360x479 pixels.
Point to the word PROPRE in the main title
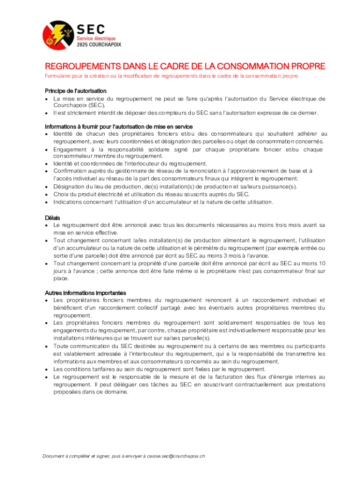click(x=308, y=66)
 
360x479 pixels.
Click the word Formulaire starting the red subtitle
click(x=58, y=76)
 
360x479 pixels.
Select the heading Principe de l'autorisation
click(x=76, y=91)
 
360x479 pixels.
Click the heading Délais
click(x=52, y=218)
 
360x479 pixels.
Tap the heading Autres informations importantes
click(x=86, y=293)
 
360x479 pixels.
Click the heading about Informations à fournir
click(x=119, y=127)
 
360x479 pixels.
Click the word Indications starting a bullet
click(x=69, y=202)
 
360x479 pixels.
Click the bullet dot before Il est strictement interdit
click(x=47, y=113)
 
